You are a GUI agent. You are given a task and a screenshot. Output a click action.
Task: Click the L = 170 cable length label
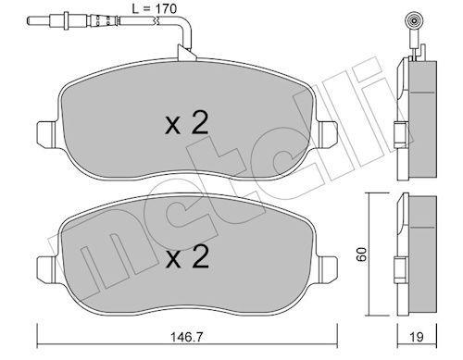pyautogui.click(x=154, y=8)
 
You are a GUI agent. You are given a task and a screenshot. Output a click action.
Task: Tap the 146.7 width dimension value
pyautogui.click(x=187, y=337)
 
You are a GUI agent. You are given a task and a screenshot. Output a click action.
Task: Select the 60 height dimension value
pyautogui.click(x=361, y=254)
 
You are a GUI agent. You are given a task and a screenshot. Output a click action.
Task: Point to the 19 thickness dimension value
pyautogui.click(x=417, y=337)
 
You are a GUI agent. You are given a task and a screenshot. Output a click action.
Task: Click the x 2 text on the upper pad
pyautogui.click(x=187, y=123)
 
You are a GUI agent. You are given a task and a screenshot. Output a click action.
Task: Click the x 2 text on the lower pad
pyautogui.click(x=187, y=257)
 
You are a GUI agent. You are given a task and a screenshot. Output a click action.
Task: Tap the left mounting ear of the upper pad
pyautogui.click(x=46, y=134)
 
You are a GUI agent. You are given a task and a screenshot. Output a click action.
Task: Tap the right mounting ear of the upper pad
pyautogui.click(x=328, y=134)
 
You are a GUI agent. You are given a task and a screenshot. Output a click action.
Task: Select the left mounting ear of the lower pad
pyautogui.click(x=46, y=268)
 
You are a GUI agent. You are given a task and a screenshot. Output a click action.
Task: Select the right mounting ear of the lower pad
pyautogui.click(x=328, y=268)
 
